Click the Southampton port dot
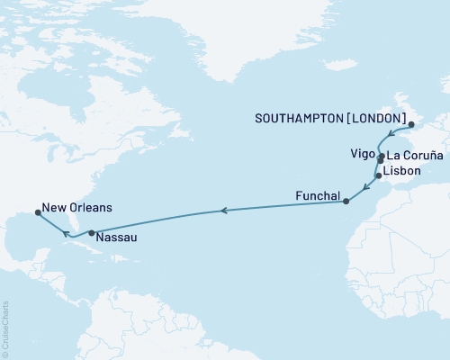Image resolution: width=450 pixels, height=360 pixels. tap(409, 126)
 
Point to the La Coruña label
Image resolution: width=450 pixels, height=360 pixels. tap(415, 156)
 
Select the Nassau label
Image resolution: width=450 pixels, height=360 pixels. tap(116, 239)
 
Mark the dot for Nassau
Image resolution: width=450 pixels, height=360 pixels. tap(92, 233)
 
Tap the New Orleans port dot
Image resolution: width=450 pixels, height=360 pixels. tap(37, 213)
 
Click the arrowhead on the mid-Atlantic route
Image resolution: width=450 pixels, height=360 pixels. tap(223, 211)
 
